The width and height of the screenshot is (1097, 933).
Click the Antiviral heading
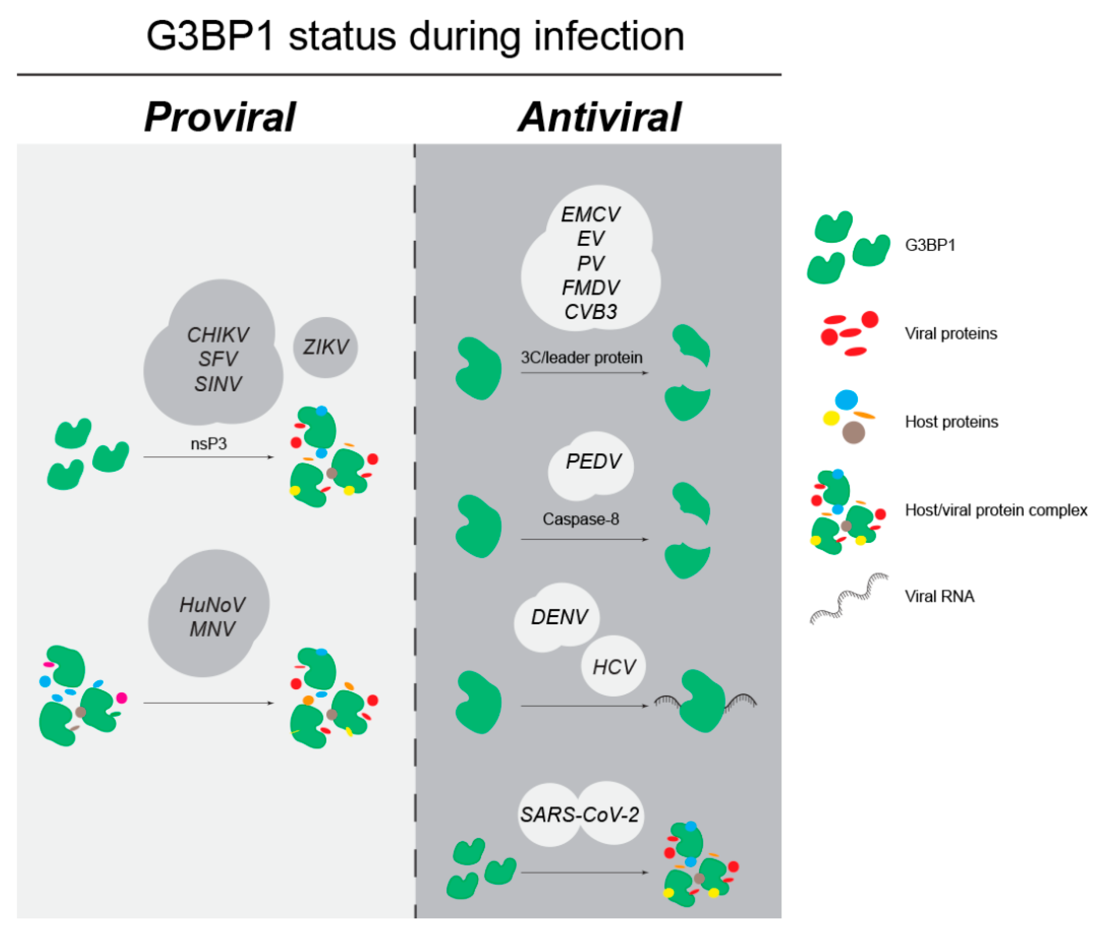point(599,117)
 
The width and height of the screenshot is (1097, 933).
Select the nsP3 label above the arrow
point(209,443)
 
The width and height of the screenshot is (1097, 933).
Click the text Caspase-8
point(580,519)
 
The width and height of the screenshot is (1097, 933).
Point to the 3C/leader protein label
point(581,358)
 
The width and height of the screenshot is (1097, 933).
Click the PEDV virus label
point(593,461)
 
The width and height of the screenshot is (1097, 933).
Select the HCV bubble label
point(614,667)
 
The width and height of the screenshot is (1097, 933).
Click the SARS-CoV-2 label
point(580,815)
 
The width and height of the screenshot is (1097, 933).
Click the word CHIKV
point(218,335)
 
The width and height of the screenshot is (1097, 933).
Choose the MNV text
point(212,629)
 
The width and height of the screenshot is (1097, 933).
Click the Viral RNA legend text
point(939,597)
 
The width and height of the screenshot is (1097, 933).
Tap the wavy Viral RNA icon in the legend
point(849,599)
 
